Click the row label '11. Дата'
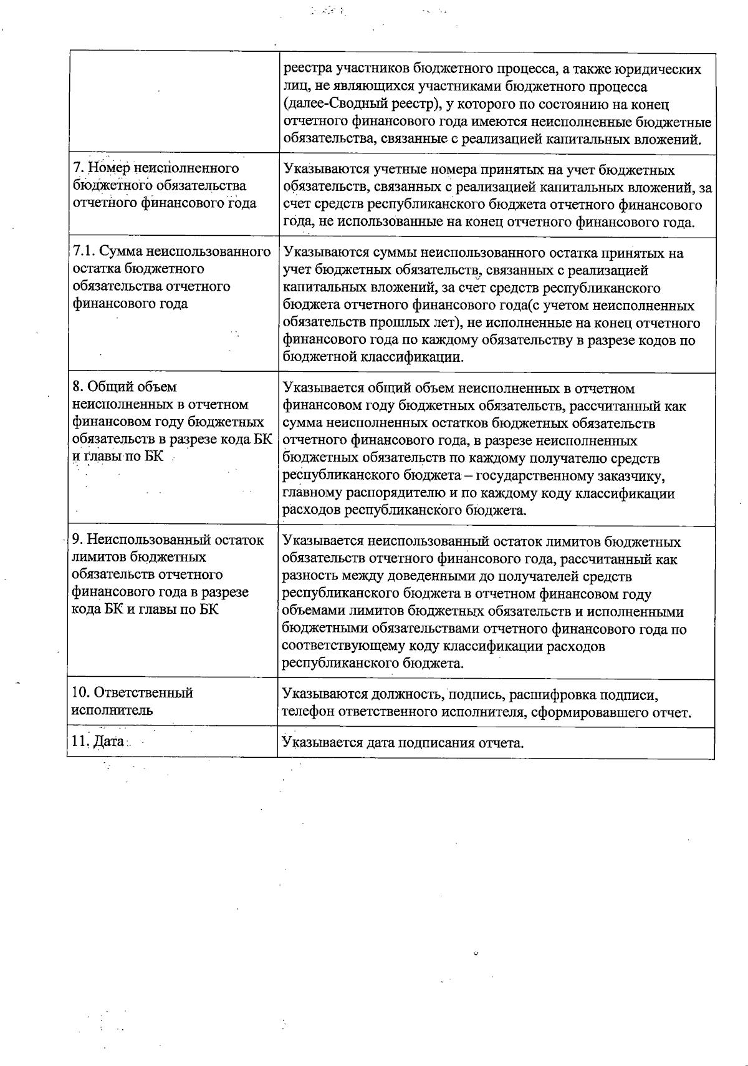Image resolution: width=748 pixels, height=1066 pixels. [x=98, y=742]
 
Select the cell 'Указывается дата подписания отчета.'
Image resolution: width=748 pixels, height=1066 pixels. [x=403, y=743]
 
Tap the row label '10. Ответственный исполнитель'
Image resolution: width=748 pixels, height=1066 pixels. [x=133, y=701]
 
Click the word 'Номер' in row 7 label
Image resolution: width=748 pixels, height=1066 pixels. [x=107, y=168]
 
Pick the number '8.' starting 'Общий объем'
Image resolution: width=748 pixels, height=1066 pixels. [x=78, y=388]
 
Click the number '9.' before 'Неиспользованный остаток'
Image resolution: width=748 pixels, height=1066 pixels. [x=78, y=540]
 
